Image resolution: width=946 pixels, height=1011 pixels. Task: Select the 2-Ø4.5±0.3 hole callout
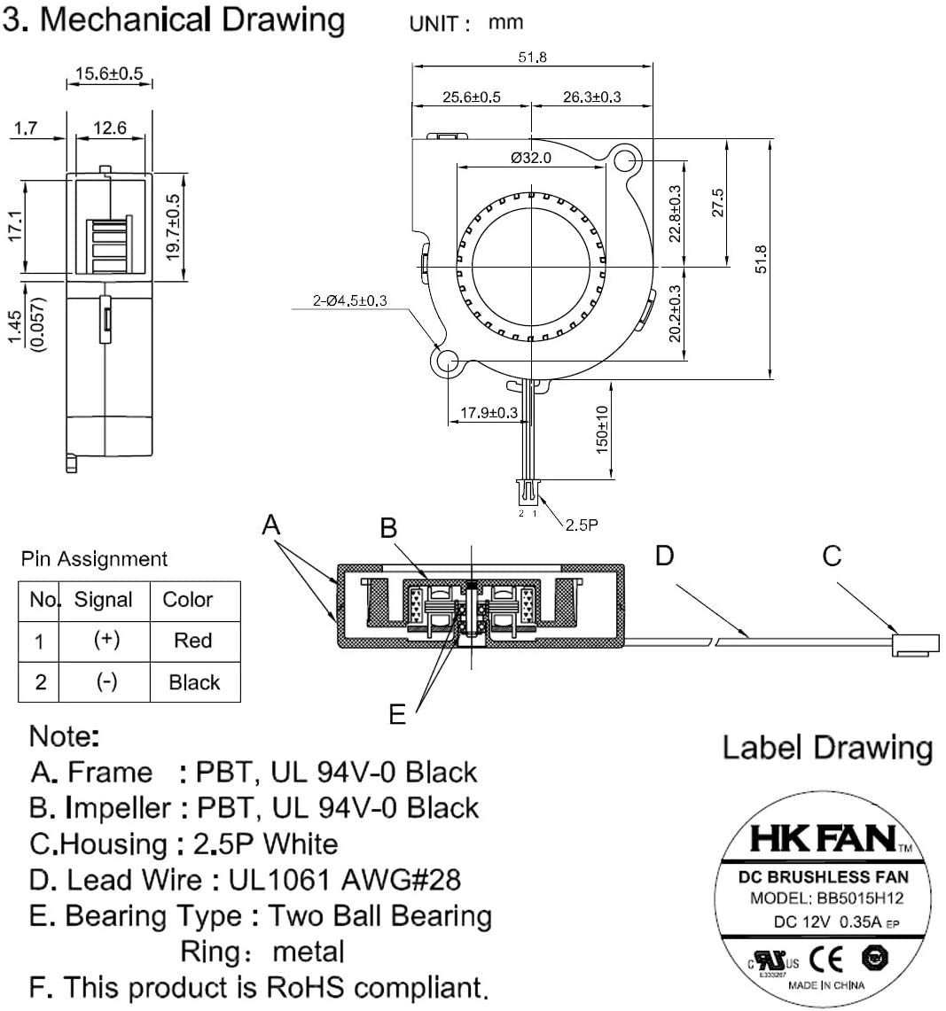click(x=349, y=301)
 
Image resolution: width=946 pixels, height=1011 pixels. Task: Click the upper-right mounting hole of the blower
click(x=626, y=161)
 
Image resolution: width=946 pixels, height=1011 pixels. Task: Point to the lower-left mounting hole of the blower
click(x=447, y=362)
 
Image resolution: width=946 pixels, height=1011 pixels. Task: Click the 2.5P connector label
click(x=582, y=525)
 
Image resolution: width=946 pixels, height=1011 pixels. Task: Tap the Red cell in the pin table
click(x=193, y=640)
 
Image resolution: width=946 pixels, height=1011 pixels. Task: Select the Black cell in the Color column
click(x=193, y=682)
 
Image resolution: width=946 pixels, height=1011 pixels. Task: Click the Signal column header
click(x=103, y=600)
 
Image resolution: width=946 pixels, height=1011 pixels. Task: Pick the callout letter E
click(x=397, y=714)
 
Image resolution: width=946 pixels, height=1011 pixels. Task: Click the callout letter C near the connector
click(x=831, y=556)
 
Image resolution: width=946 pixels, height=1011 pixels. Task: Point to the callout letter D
click(x=664, y=556)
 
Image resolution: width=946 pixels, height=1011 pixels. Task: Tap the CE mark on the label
click(x=833, y=958)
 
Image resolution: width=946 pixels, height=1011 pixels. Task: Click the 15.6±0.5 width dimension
click(x=110, y=74)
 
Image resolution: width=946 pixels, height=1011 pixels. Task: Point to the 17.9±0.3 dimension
click(x=489, y=413)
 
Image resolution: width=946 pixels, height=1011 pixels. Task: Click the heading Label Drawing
click(x=827, y=748)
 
